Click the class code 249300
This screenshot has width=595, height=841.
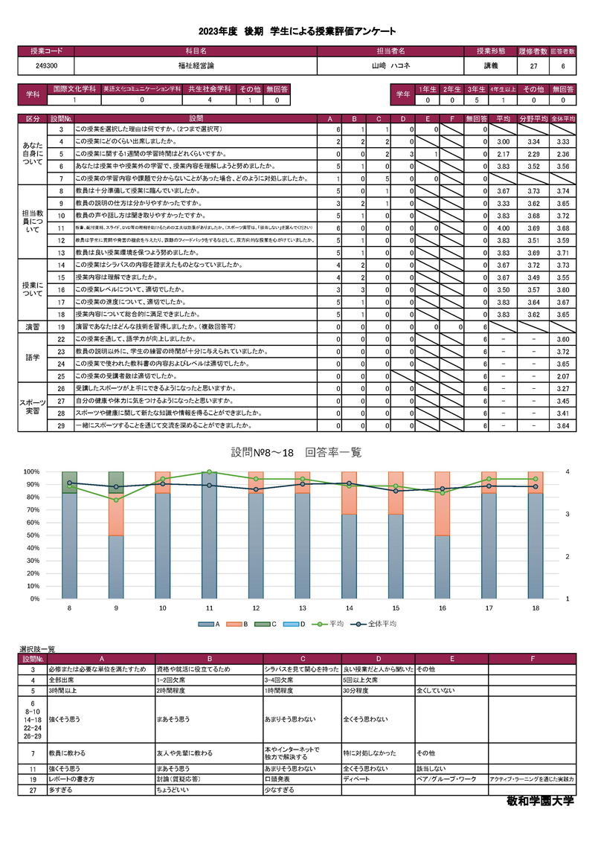(46, 66)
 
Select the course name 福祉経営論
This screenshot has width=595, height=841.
(195, 66)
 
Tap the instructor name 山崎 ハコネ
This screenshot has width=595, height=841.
(391, 66)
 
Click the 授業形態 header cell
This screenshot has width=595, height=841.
(491, 51)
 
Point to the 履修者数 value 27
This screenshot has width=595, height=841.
(533, 66)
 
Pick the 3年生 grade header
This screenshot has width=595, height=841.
(477, 88)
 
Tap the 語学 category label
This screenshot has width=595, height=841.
(33, 357)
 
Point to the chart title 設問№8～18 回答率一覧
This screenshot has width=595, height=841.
(297, 452)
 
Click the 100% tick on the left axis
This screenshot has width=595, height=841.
(31, 472)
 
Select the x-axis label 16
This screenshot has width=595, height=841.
(443, 608)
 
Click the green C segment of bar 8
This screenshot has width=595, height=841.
(70, 482)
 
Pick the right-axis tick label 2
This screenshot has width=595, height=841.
(565, 556)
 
